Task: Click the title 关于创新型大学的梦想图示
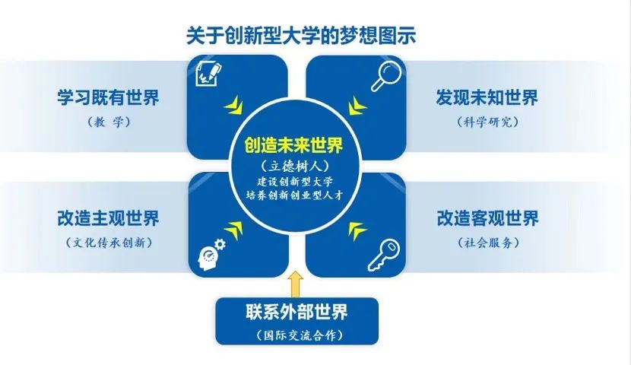coord(300,36)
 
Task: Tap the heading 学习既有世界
coord(108,97)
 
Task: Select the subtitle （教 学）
coord(109,122)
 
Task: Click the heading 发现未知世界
coord(487,97)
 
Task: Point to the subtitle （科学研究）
coord(487,122)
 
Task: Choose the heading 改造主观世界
coord(108,218)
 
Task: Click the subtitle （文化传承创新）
coord(109,243)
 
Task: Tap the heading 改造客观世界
coord(487,218)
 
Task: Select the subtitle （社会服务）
coord(488,243)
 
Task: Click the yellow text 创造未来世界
coord(293,145)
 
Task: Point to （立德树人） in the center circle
coord(294,167)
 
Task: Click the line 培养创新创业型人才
coord(294,195)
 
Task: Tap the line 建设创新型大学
coord(294,182)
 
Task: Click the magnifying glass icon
coord(386,78)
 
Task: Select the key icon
coord(384,254)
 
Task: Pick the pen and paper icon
coord(209,74)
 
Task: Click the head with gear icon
coord(211,254)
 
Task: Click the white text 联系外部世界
coord(296,313)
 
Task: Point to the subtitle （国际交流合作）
coord(299,335)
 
